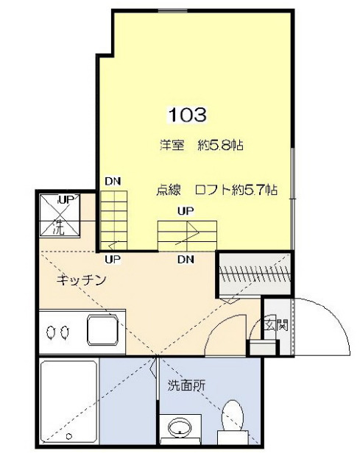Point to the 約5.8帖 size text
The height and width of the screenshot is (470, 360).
pyautogui.click(x=221, y=146)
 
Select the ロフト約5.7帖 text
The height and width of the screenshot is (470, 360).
pyautogui.click(x=236, y=189)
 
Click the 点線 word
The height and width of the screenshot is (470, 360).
pyautogui.click(x=168, y=189)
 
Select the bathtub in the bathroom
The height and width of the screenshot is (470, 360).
pyautogui.click(x=68, y=401)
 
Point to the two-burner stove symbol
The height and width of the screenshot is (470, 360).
pyautogui.click(x=57, y=332)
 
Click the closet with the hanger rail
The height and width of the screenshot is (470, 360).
pyautogui.click(x=255, y=273)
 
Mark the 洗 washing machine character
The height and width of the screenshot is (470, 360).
pyautogui.click(x=59, y=228)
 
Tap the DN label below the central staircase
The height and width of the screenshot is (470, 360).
pyautogui.click(x=186, y=259)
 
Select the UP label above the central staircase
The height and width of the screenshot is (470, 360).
pyautogui.click(x=186, y=211)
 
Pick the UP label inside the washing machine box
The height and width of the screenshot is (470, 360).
pyautogui.click(x=64, y=199)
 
